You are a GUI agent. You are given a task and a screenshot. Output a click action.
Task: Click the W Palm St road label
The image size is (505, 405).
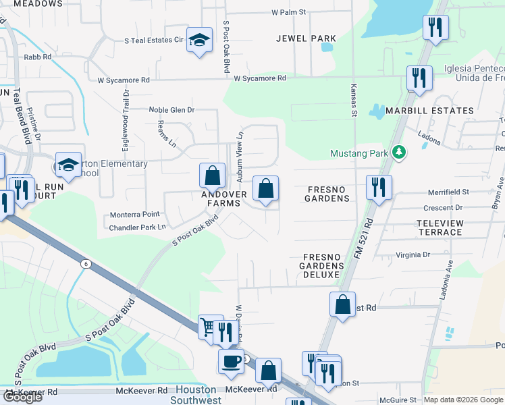pos(289,12)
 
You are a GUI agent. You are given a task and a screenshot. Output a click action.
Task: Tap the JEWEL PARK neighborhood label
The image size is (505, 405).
pos(306,38)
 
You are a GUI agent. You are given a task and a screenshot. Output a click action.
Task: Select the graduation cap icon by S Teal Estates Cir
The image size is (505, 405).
pos(199,41)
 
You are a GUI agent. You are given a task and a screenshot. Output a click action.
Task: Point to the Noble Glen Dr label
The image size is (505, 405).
pos(171,109)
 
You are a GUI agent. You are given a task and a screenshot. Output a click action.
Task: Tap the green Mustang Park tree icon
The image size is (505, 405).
pos(399,153)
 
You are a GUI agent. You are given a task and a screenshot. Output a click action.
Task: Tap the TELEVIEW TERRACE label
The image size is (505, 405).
pos(440,227)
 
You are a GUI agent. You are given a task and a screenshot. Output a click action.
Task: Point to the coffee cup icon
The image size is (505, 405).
pos(231,361)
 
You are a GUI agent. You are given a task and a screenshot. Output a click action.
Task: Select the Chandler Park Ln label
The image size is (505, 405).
pos(137,227)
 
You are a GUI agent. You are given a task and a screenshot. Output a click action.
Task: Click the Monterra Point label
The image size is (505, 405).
pos(135,215)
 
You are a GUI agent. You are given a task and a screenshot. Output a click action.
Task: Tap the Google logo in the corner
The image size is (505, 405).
pos(22,396)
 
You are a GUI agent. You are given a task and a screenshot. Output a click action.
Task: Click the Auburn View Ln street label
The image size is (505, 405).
pos(239,156)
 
